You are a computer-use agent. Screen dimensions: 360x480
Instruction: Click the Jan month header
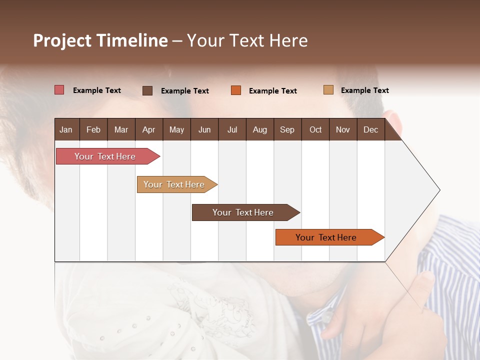coord(66,129)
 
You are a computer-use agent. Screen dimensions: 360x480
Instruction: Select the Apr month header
coord(149,129)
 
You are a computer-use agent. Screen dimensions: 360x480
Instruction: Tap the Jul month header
coord(232,129)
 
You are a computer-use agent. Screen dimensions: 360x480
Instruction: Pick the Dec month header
coord(370,129)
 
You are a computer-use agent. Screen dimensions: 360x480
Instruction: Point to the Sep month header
coord(287,129)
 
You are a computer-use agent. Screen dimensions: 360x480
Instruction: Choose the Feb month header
coord(93,129)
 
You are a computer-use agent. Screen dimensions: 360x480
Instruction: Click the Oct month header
coord(315,129)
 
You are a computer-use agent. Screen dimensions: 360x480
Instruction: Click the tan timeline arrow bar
coord(175,184)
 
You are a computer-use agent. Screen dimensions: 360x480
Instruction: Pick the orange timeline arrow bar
coord(328,237)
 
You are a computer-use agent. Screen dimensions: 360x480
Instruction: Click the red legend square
coord(59,90)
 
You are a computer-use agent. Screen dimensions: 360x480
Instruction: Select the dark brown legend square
coord(147,90)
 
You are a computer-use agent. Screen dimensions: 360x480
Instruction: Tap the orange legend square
coord(236,90)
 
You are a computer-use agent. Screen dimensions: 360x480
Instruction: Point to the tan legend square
coord(328,90)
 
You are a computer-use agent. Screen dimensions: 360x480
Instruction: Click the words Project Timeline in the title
coord(100,40)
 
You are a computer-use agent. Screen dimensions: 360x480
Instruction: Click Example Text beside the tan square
coord(364,90)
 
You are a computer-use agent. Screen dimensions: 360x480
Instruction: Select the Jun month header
coord(204,129)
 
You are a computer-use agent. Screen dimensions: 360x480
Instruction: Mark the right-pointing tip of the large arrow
coord(438,190)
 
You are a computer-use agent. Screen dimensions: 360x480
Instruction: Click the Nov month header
coord(343,129)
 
